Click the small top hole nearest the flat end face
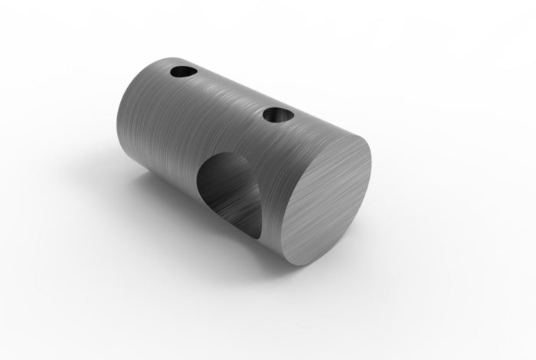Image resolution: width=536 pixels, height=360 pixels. [277, 115]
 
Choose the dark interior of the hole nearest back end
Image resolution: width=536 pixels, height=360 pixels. [181, 74]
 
